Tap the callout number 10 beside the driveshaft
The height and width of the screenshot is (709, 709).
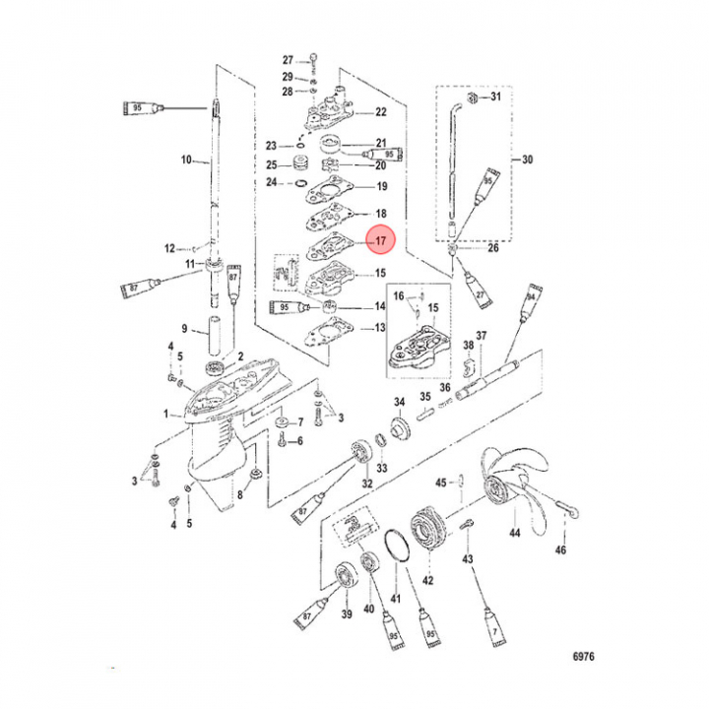tap(186, 160)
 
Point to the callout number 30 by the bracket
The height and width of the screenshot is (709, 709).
tap(527, 160)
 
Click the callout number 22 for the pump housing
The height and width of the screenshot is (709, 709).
tap(380, 112)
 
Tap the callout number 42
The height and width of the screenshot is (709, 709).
tap(427, 580)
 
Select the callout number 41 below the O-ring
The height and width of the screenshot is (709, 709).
tap(396, 599)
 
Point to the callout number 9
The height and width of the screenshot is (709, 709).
tap(183, 329)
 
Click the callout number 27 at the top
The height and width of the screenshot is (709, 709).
tap(288, 59)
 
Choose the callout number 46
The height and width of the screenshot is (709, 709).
tap(562, 549)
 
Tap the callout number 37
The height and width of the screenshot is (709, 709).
tap(482, 337)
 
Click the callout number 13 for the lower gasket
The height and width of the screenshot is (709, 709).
tap(379, 329)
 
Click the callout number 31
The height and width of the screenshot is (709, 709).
tap(495, 97)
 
